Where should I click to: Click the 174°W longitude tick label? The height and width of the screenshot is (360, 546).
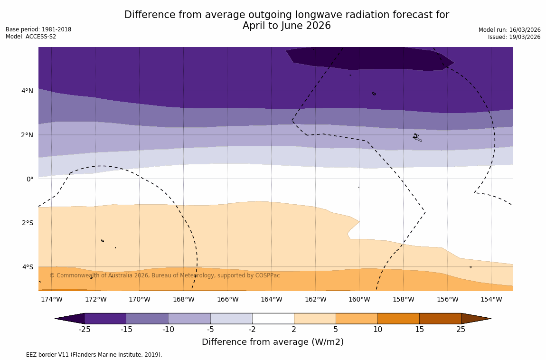coord(51,299)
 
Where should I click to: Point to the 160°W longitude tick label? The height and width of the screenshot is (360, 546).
coord(359,299)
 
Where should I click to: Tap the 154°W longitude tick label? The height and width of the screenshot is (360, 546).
coord(491,299)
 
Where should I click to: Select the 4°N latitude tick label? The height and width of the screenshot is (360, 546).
coord(27,91)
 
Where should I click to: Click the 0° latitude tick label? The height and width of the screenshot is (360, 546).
coord(30,179)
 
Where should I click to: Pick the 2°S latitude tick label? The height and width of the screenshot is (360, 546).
coord(27,223)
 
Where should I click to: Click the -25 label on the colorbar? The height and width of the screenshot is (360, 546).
coord(85,330)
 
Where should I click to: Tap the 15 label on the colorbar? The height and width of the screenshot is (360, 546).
coord(419,330)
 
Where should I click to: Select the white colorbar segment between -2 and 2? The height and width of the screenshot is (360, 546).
coord(273,318)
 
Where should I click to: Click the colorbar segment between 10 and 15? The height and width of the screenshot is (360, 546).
coord(398,318)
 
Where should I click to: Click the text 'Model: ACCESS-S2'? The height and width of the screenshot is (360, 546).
coord(31,37)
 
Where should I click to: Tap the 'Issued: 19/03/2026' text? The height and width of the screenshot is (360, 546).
coord(514,37)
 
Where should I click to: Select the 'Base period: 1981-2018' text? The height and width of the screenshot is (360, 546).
coord(38,29)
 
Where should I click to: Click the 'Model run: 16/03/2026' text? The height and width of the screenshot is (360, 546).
coord(509,30)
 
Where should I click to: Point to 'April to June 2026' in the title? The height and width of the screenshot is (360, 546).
coord(286,26)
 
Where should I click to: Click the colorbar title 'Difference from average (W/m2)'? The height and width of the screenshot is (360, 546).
coord(273,342)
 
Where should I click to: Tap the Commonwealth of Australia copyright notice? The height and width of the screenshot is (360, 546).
coord(165,275)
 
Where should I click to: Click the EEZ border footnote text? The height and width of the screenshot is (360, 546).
coord(84,355)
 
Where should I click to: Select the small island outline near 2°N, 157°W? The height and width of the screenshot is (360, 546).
coord(417,137)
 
